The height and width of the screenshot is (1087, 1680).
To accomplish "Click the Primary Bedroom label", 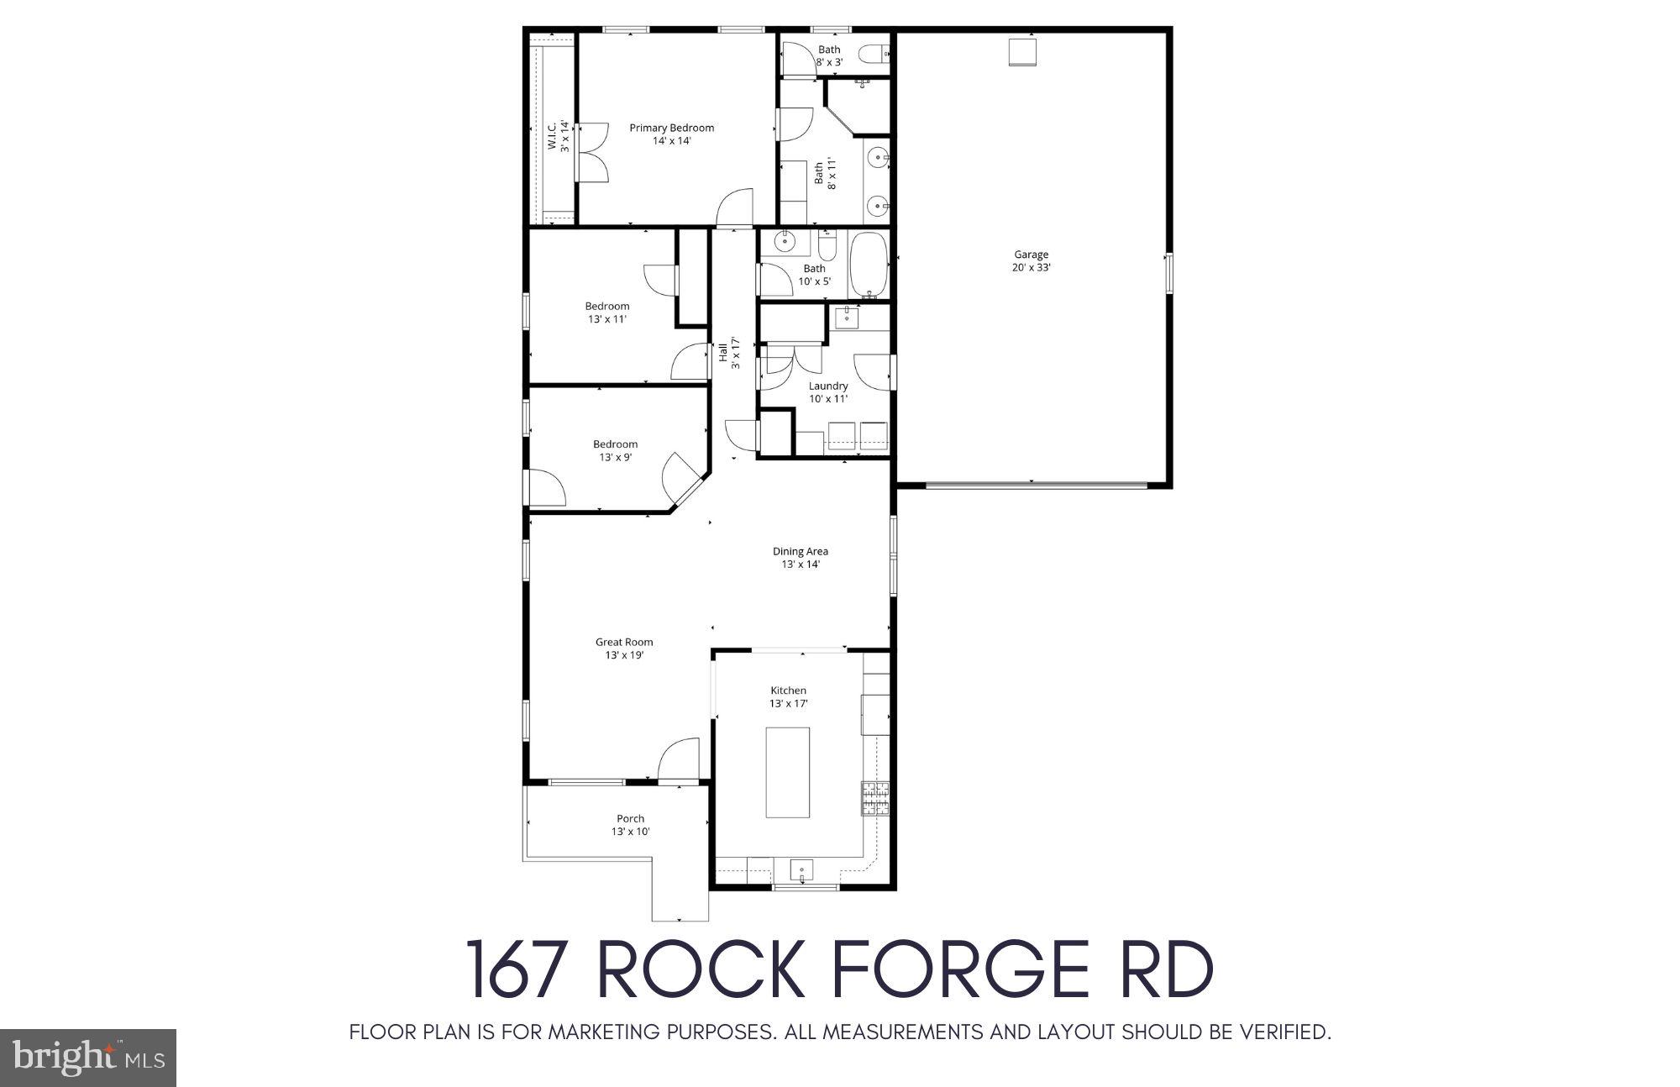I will (671, 129).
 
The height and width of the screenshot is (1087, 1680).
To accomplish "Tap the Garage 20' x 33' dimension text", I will (1031, 268).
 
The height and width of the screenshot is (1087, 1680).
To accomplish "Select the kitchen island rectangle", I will (787, 772).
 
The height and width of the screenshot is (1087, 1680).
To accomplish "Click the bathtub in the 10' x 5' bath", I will (868, 265).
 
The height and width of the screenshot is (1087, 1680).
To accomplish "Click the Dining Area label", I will (800, 552).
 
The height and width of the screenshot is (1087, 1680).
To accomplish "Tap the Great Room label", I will (624, 643).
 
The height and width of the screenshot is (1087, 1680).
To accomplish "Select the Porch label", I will (630, 819).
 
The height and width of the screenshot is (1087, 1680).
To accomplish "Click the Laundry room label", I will (827, 386).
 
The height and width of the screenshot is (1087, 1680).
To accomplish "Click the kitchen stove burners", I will (875, 799).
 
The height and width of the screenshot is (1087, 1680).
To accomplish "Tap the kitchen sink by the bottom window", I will (801, 869).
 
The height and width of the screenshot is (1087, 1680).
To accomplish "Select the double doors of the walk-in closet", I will (593, 152).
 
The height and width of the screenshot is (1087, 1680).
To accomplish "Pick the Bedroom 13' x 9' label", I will (615, 444).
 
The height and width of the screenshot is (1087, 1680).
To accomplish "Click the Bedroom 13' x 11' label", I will (606, 307).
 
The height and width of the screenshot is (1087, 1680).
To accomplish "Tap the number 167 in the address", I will (516, 969).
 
